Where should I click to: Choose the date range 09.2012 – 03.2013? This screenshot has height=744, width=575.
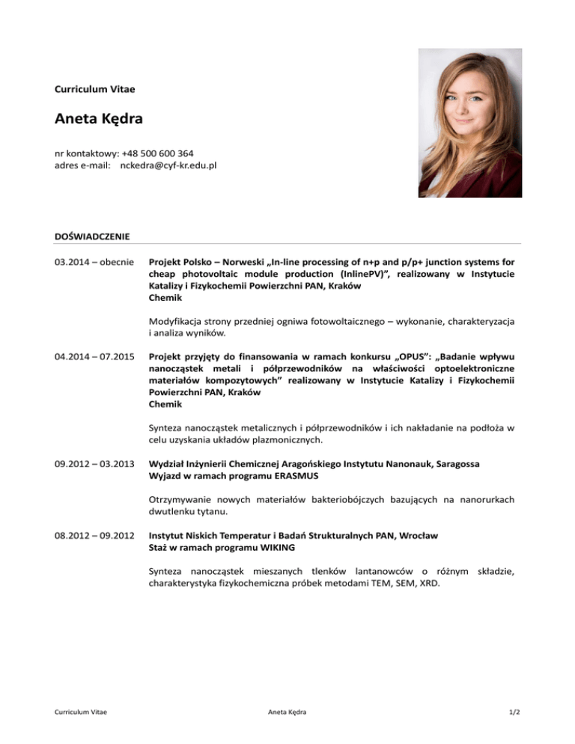pyautogui.click(x=94, y=464)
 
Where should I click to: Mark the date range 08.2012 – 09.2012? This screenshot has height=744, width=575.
pyautogui.click(x=94, y=536)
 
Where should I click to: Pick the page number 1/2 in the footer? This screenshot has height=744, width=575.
pyautogui.click(x=512, y=712)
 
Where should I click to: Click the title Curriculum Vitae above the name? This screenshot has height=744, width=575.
pyautogui.click(x=95, y=89)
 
